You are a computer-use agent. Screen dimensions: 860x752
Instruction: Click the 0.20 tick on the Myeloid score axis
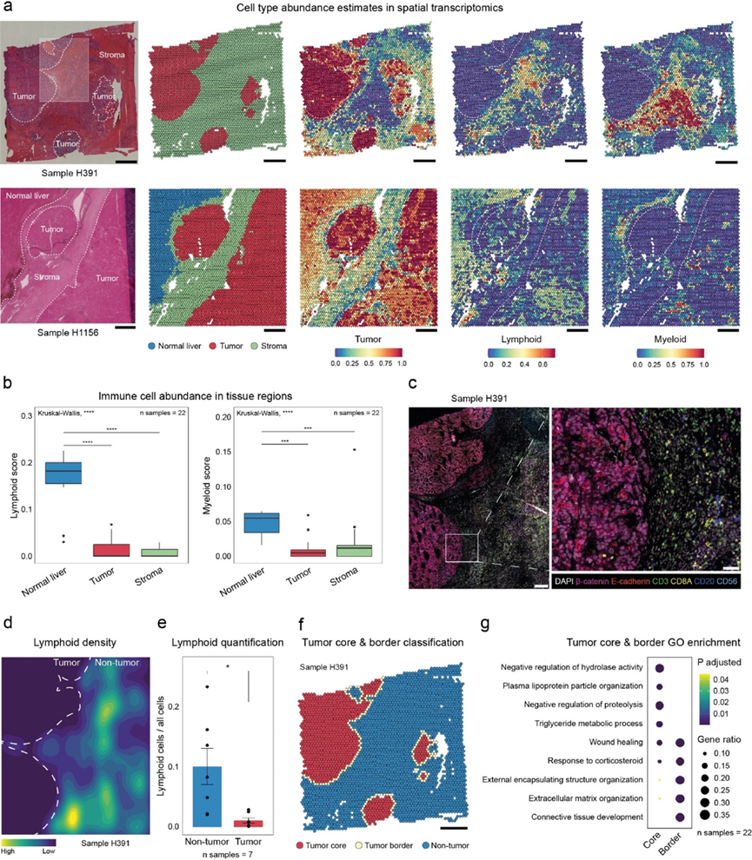click(x=196, y=419)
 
